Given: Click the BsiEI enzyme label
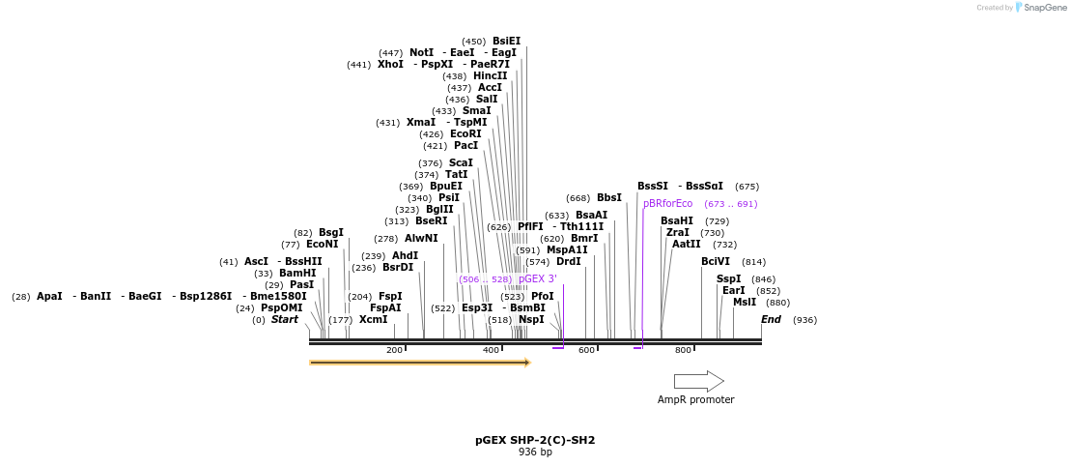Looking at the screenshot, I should point(506,42).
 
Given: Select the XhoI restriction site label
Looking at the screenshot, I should point(390,65).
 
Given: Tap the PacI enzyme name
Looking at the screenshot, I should point(465,146).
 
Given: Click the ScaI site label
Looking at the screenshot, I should point(461,163).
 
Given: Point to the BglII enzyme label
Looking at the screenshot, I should point(438,210).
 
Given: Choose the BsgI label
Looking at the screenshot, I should point(331,233).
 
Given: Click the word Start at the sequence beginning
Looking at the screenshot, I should point(284,320).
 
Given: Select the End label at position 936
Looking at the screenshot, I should point(771,320).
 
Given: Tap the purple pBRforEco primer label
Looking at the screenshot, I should point(668,204).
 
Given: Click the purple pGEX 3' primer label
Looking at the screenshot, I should point(537,279).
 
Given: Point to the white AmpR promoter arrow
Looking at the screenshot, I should point(698,381).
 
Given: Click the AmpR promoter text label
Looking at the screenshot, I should point(695,400).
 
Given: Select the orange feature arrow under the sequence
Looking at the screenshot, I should point(419,363).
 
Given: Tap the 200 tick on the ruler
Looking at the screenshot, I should point(394,350).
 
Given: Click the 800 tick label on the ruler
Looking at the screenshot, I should point(683,350).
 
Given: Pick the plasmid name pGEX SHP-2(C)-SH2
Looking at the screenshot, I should point(535,440).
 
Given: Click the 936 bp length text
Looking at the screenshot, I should point(535,452).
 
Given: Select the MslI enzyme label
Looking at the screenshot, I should point(744,303).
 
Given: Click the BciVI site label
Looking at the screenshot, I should point(716,262).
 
